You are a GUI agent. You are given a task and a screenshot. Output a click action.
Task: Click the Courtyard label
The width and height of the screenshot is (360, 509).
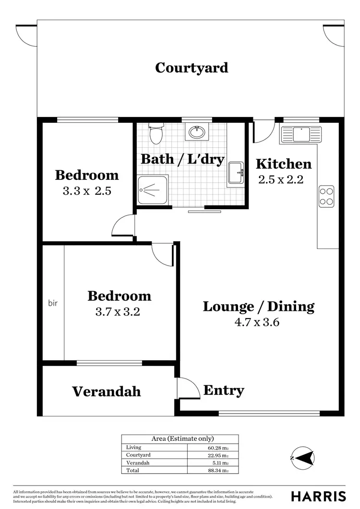(192, 68)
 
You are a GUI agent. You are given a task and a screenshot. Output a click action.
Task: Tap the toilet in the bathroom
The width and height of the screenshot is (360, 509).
(156, 134)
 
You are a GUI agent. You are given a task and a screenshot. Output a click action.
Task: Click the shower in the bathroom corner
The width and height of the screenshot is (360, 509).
(153, 189)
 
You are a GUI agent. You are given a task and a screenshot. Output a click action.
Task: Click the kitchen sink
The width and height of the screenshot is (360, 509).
(301, 134)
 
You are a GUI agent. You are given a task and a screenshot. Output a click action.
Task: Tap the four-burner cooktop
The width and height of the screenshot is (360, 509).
(327, 196)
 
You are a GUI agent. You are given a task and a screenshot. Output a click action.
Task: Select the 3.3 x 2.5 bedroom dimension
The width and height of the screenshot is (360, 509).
(87, 191)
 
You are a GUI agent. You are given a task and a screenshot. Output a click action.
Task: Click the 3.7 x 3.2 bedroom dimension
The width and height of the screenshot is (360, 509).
(118, 312)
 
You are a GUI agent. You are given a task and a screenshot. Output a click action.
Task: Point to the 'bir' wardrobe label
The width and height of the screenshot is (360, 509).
(53, 303)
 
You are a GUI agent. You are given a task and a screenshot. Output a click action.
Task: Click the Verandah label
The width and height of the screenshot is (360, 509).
(107, 391)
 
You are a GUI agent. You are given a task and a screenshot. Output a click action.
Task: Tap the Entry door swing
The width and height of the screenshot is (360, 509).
(188, 388)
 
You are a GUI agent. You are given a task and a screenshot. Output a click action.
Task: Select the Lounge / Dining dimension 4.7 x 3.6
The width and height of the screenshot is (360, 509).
(257, 322)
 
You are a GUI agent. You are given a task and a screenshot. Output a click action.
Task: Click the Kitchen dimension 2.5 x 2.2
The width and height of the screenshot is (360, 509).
(281, 179)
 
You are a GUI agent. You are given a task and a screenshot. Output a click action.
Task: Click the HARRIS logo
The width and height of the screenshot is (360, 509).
(318, 496)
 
